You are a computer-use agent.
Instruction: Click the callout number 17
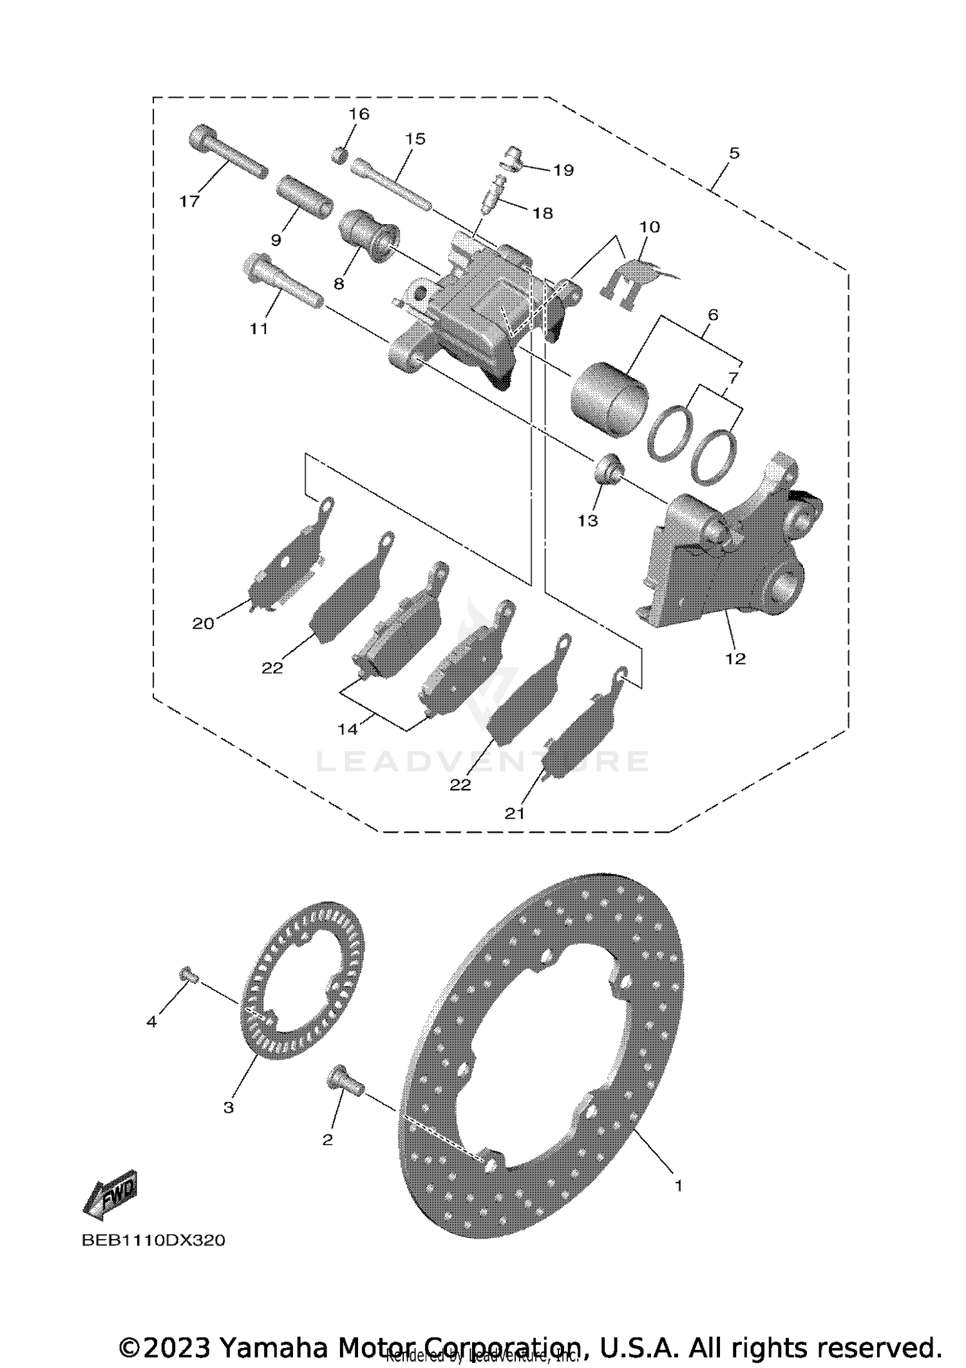point(189,202)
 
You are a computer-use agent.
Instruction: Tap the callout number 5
point(734,153)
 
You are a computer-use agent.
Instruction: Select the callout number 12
point(735,658)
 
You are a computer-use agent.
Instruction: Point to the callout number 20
point(203,623)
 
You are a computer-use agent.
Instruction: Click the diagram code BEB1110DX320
point(153,1240)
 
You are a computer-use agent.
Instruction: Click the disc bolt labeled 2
point(346,1078)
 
